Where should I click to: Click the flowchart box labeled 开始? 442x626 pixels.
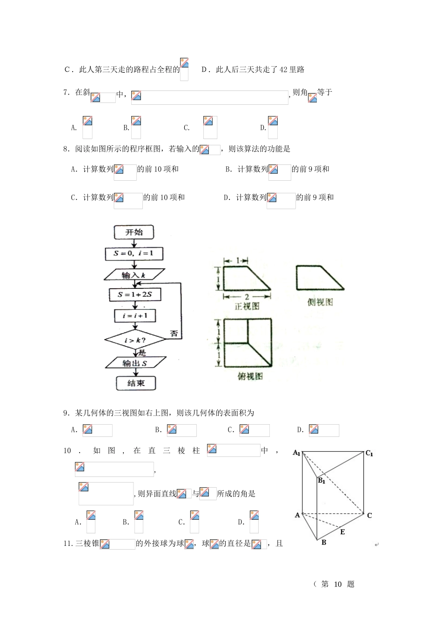coord(134,232)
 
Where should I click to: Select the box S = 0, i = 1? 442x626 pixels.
coord(134,254)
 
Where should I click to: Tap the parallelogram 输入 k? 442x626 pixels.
coord(134,275)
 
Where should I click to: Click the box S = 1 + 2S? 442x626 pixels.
coord(135,295)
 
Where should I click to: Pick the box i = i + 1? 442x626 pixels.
coord(135,316)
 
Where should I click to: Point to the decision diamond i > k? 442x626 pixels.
coord(135,340)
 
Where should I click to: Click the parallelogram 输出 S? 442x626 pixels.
coord(135,363)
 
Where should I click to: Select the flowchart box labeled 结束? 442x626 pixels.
coord(136,383)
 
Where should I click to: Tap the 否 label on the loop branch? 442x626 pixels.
coord(174,333)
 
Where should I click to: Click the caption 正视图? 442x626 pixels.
coord(247,306)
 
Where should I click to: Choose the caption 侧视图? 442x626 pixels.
coord(320,302)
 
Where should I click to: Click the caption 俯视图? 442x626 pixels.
coord(250,376)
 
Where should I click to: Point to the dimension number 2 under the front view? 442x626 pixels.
coord(247,297)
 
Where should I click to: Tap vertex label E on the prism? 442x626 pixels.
coord(342,532)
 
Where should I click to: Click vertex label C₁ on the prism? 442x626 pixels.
coord(369,453)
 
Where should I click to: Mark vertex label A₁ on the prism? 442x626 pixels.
coord(296,453)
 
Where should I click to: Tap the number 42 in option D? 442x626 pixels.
coord(284,70)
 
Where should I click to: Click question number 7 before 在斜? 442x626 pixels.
coord(66,92)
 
